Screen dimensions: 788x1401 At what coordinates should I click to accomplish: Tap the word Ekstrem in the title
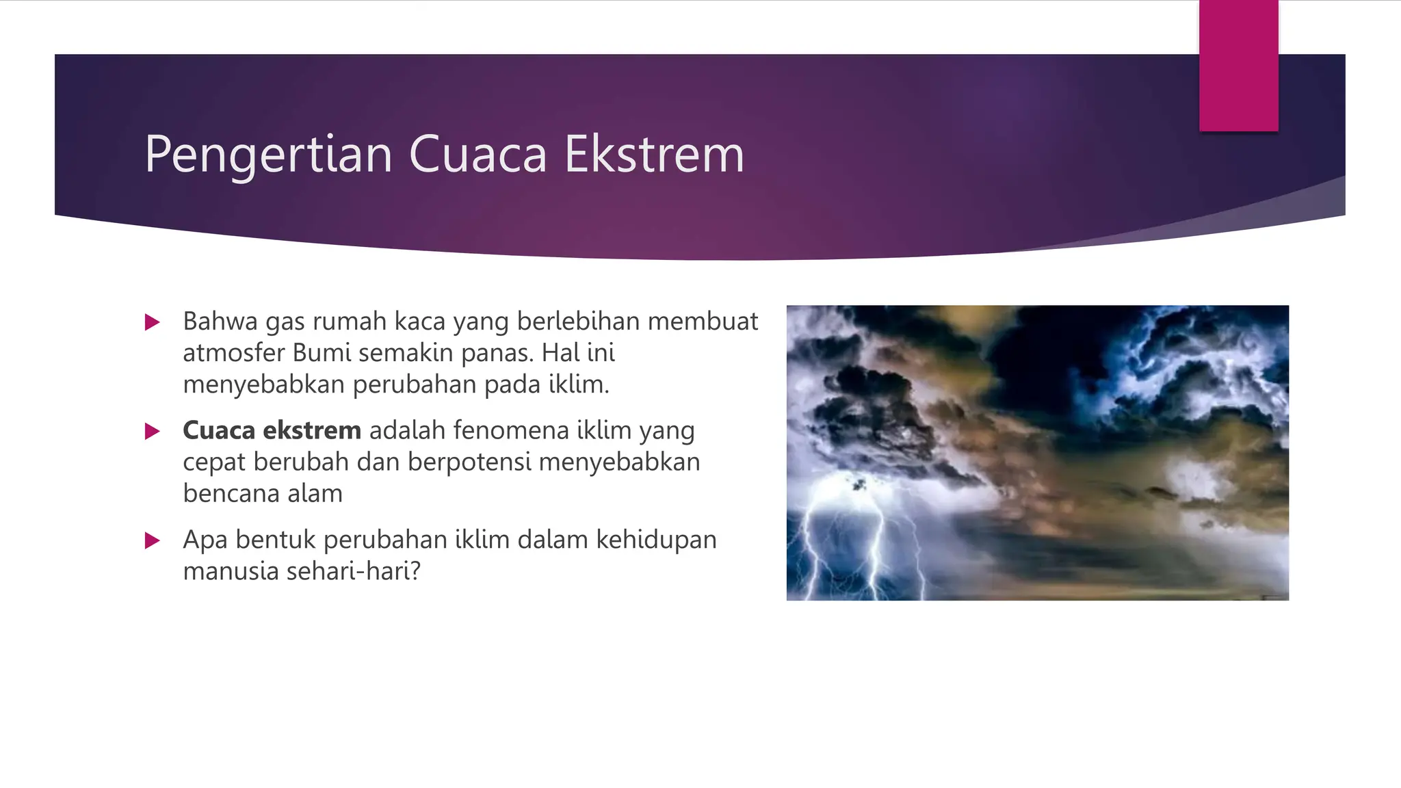[654, 155]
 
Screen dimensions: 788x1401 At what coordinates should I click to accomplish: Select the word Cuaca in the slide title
[477, 155]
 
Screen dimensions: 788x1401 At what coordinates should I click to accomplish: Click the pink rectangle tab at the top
[1238, 66]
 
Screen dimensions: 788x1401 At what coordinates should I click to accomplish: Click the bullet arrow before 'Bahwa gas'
[153, 322]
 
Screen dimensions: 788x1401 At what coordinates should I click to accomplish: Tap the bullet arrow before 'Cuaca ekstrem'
[153, 431]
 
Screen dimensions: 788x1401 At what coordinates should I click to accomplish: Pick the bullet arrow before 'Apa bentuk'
[153, 541]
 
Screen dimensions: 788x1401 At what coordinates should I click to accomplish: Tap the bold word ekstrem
[312, 430]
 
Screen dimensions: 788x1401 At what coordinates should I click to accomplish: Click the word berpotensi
[469, 462]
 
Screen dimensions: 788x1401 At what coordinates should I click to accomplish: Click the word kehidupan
[656, 540]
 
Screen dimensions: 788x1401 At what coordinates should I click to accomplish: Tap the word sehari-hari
[353, 571]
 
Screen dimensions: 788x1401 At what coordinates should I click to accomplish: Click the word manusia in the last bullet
[231, 571]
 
